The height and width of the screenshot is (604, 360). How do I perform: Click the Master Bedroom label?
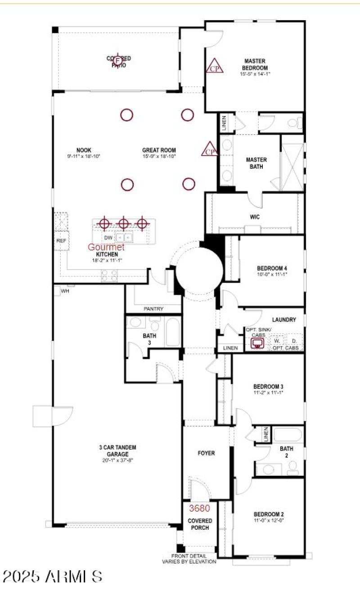pos(255,64)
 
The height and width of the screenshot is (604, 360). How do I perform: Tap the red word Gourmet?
pos(106,247)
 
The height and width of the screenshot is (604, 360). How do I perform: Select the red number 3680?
pos(199,508)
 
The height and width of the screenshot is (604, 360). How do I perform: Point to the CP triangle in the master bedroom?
pos(214,66)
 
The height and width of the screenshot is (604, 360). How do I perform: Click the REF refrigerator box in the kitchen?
pos(61,241)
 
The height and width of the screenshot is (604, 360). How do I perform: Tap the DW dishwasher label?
pos(108,237)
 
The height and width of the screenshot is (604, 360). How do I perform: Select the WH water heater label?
pos(65,291)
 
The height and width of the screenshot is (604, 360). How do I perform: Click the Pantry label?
pos(153,309)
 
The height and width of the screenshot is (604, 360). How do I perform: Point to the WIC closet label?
pos(255,217)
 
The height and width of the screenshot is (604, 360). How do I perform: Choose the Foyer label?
pos(206,453)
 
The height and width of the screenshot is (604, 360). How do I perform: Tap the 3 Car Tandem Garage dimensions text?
pos(117,460)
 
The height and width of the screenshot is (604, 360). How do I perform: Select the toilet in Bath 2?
pos(293,469)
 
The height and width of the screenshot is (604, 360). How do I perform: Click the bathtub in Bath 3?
pos(172,332)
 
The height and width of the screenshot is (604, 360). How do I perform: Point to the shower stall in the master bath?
pos(292,161)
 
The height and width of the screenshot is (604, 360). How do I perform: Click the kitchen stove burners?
pos(109,275)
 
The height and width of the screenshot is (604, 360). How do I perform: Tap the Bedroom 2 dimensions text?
pos(269,520)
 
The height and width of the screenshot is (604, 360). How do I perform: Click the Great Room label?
pos(159,150)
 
